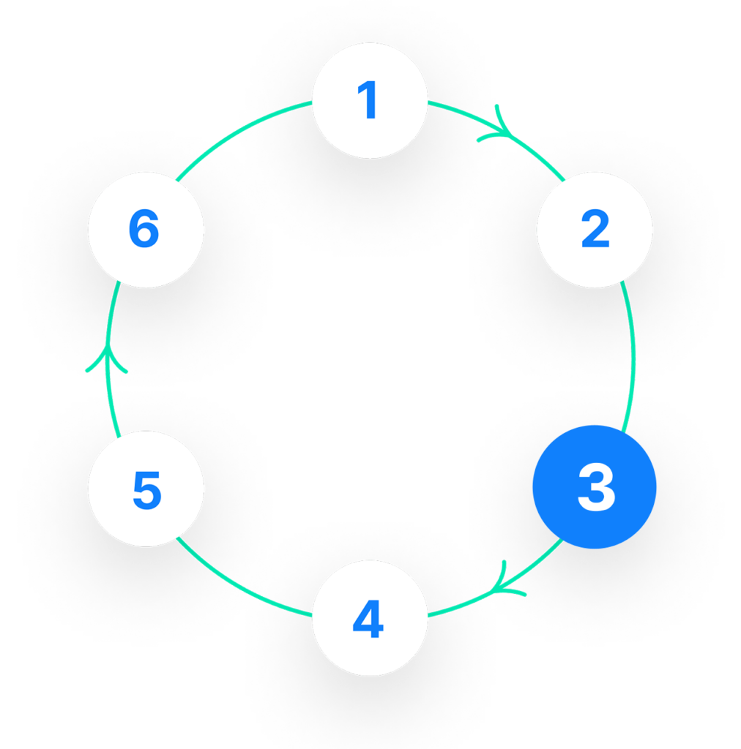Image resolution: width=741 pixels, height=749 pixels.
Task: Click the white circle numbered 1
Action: coord(369,100)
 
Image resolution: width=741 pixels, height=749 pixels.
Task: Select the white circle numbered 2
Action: coord(594,230)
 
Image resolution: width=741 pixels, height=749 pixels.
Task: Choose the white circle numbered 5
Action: coord(145,489)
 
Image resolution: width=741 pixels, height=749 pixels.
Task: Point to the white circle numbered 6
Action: coord(145,230)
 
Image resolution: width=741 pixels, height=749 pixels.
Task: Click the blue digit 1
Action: coord(368,100)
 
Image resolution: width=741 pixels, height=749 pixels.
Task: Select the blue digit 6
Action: coord(144,230)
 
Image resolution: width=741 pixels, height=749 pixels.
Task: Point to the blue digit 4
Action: coord(368,621)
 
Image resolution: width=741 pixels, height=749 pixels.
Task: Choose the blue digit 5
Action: coord(146,490)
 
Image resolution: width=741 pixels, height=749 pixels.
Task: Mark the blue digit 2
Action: coord(595,230)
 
